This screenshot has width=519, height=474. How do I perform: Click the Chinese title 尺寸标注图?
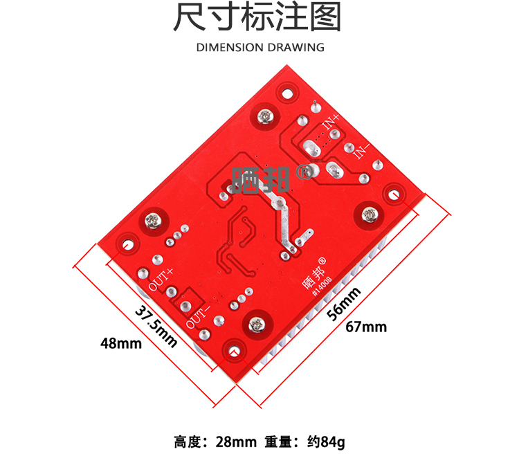coord(257,19)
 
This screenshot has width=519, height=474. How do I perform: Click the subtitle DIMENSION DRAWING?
coord(260,48)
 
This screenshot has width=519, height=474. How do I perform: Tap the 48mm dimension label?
coord(120,343)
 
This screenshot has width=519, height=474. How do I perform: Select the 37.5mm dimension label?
coord(155,325)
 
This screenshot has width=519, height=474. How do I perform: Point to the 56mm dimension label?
coord(344,303)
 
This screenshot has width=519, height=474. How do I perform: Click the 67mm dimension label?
coord(366,327)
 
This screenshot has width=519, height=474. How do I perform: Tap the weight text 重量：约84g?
coord(304,441)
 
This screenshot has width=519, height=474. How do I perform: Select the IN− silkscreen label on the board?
coord(363,150)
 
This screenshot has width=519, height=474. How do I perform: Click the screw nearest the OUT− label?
coord(257,323)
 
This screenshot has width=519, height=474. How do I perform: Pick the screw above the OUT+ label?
coord(154,221)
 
